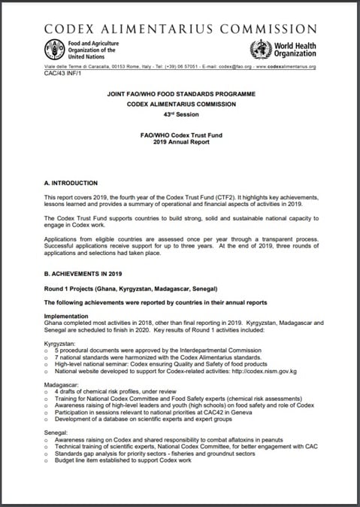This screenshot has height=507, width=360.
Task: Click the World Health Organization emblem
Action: tap(262, 50)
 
